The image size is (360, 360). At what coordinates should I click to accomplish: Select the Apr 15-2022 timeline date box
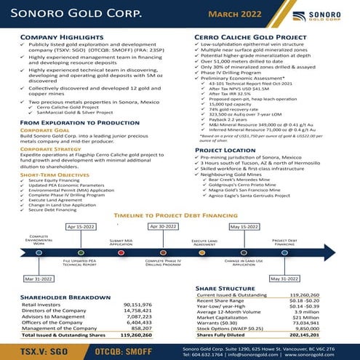[x=81, y=227]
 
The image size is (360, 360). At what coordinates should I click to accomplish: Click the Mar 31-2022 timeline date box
[x=39, y=279]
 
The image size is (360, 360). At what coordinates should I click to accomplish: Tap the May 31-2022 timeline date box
[x=284, y=279]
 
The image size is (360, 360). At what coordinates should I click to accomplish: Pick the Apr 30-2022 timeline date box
[x=163, y=227]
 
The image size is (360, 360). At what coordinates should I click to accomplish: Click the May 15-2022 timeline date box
[x=244, y=227]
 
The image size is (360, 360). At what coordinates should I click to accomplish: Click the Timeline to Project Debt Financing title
[x=180, y=216]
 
